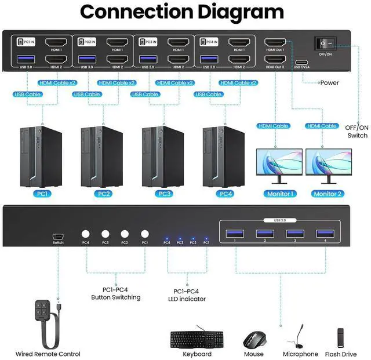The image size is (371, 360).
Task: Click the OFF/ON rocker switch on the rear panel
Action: (326, 43)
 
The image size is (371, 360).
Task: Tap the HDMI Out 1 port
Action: (274, 43)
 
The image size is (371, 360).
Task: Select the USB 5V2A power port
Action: (302, 61)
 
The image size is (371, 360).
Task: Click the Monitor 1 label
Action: (280, 194)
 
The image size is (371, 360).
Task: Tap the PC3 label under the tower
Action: (165, 194)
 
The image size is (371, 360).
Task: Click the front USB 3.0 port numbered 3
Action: (294, 233)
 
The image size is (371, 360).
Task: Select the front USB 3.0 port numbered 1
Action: (234, 233)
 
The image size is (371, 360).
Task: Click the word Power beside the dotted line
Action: (330, 83)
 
